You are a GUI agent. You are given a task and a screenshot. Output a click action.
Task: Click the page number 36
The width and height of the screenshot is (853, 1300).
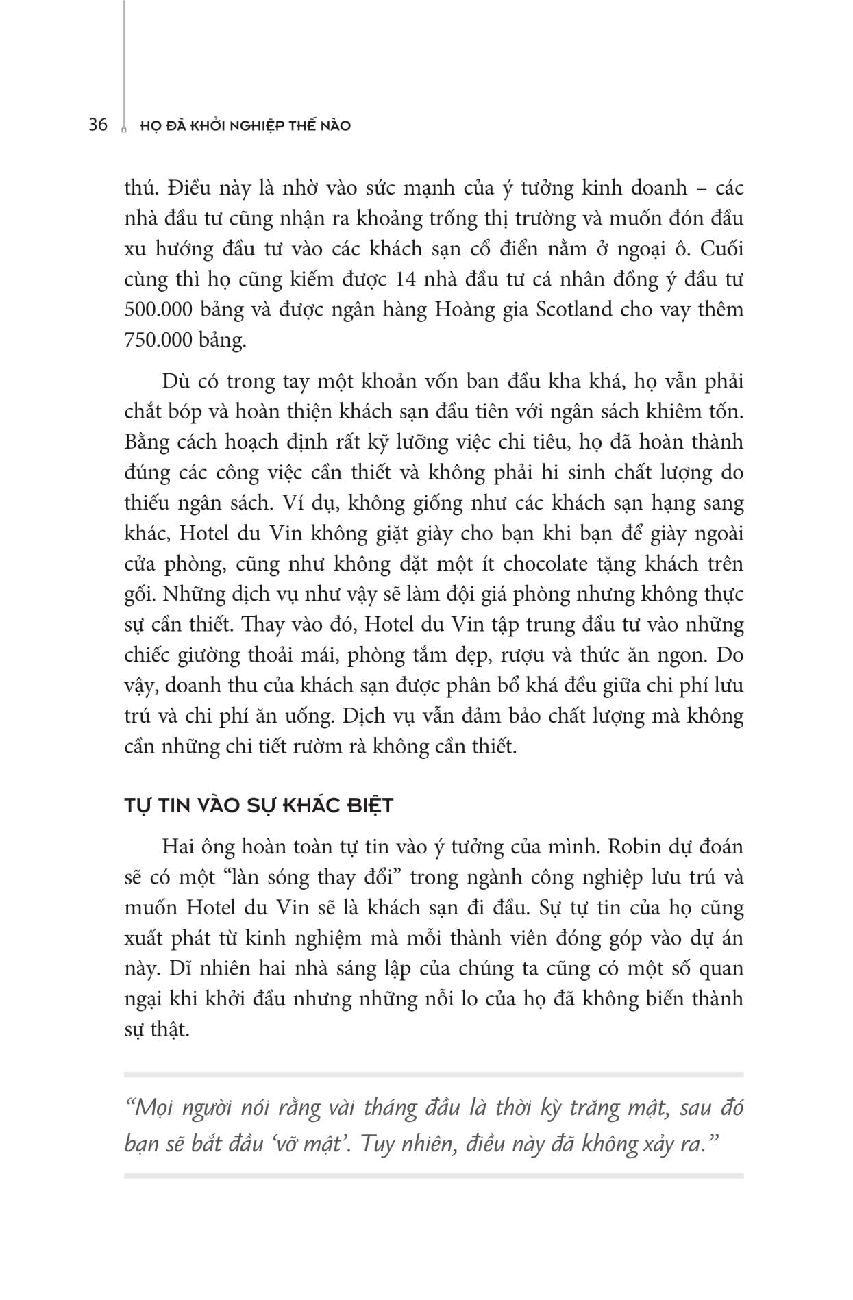pos(98,125)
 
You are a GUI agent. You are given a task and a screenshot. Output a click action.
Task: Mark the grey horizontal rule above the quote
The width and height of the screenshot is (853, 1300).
pos(434,1075)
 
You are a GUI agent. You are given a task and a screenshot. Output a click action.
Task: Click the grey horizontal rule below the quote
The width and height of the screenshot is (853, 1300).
pos(434,1175)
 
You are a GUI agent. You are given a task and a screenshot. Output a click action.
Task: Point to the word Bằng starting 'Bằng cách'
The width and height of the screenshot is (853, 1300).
pos(147,442)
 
